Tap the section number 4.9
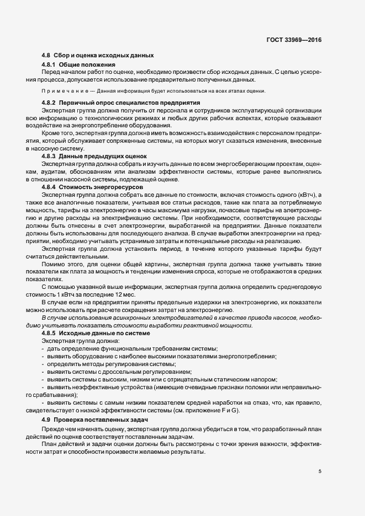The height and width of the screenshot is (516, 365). click(47, 421)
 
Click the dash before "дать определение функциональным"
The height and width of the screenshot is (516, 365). click(44, 349)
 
